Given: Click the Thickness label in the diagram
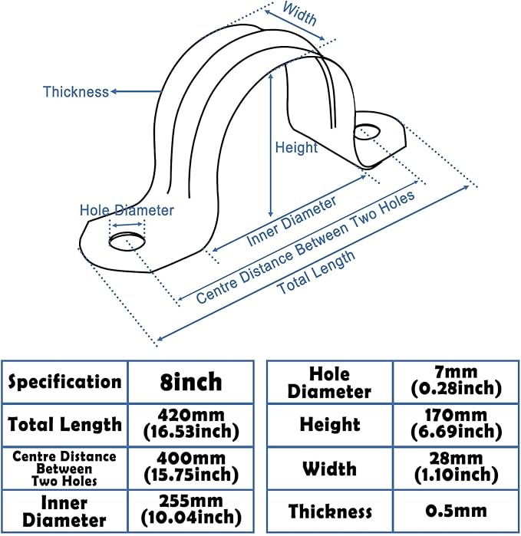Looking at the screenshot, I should pyautogui.click(x=76, y=92).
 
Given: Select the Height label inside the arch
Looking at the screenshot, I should pyautogui.click(x=296, y=147).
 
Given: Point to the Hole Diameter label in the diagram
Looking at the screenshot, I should pyautogui.click(x=127, y=210).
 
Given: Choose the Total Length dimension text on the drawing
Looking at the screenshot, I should pyautogui.click(x=316, y=273).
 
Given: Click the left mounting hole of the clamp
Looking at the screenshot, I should pyautogui.click(x=126, y=242).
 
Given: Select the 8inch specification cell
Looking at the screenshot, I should pyautogui.click(x=190, y=381).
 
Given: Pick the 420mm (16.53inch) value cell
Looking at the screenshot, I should pyautogui.click(x=190, y=424).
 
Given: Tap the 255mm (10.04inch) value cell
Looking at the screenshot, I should pyautogui.click(x=190, y=509).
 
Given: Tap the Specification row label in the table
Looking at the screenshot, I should pyautogui.click(x=64, y=381).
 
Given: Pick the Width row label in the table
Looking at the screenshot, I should pyautogui.click(x=329, y=469).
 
